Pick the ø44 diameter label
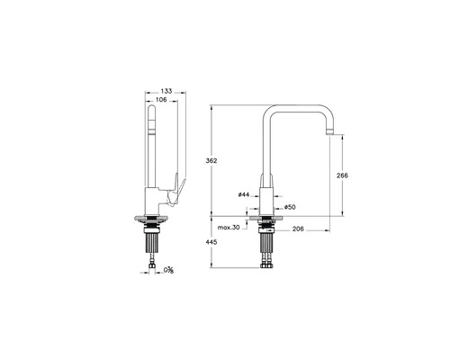coord(244,194)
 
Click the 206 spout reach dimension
coord(296,229)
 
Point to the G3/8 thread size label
coord(169,271)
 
